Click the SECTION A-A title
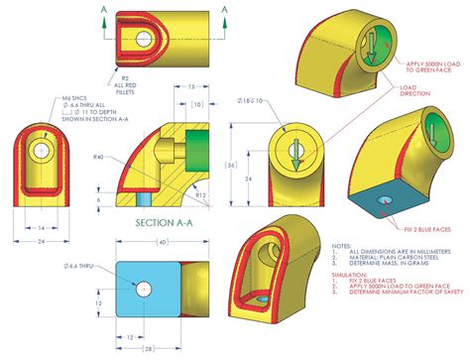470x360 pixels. (x=165, y=226)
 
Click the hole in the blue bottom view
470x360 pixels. (x=145, y=289)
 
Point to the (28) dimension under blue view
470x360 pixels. (x=148, y=349)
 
